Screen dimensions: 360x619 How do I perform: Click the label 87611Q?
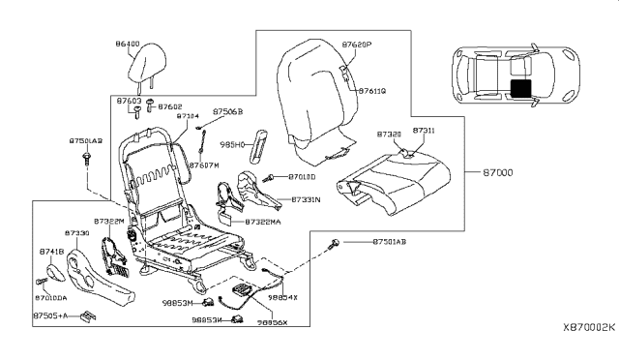tap(373, 90)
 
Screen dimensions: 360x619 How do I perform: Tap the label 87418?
tap(50, 251)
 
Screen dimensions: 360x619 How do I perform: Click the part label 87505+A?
tap(50, 315)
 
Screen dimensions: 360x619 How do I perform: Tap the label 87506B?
tap(228, 112)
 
